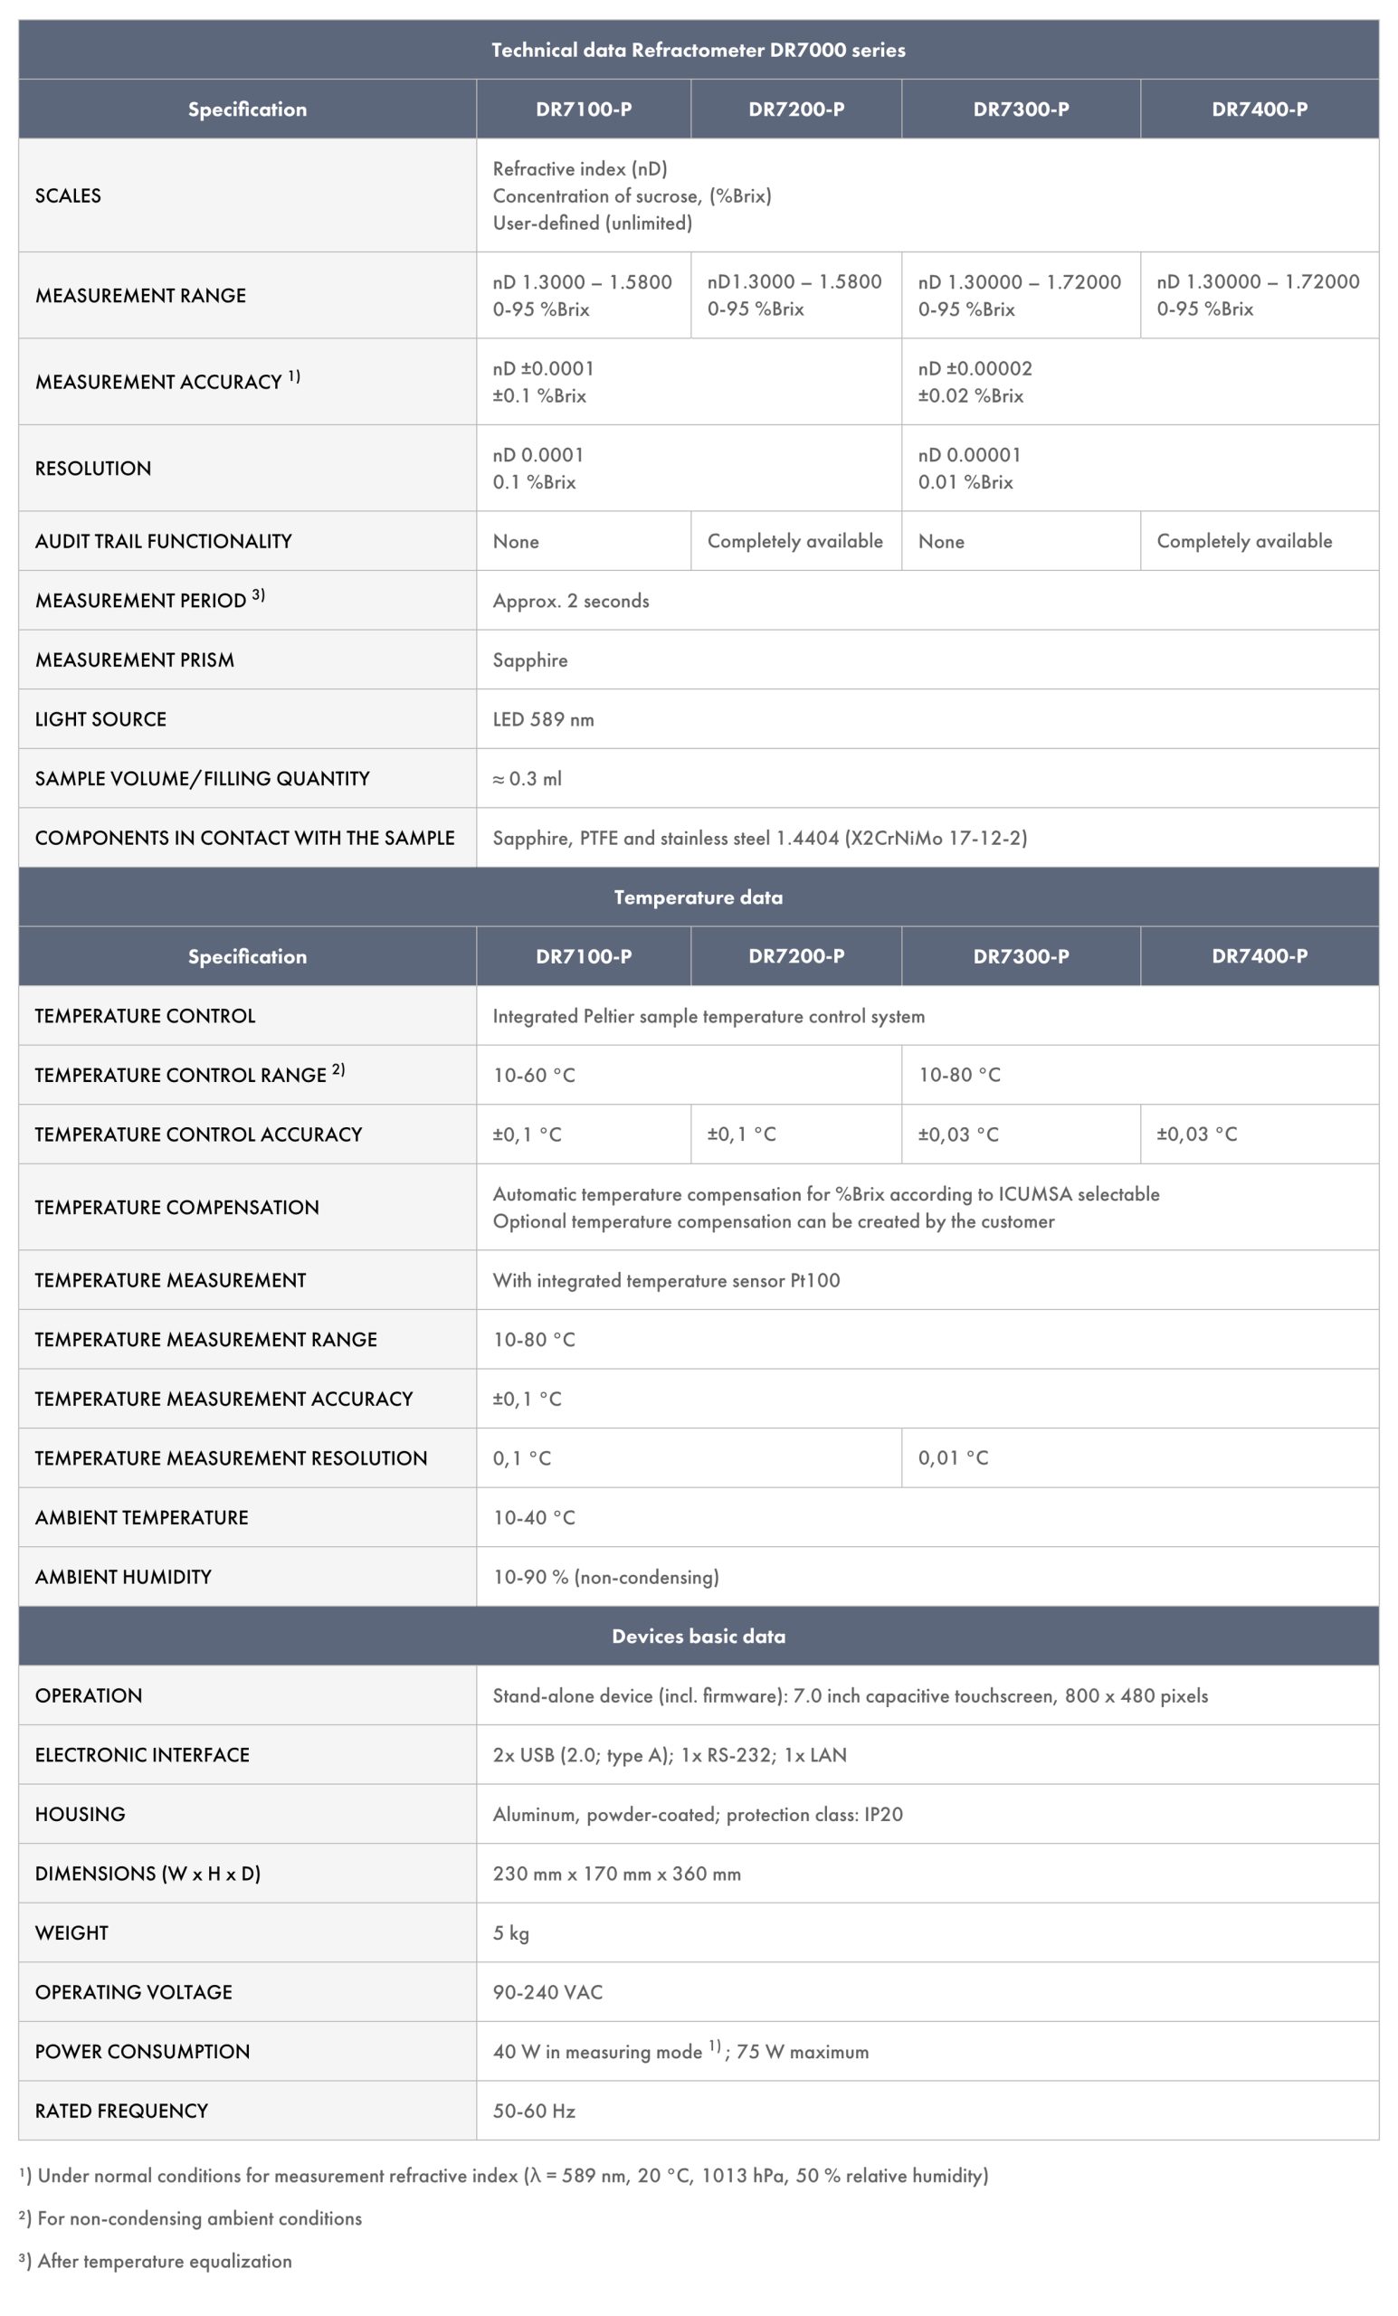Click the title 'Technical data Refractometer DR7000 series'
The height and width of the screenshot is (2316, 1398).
698,50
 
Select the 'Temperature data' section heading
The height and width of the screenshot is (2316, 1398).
698,897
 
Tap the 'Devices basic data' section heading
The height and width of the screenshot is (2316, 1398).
698,1636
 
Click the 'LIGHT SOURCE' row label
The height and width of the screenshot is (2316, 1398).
100,719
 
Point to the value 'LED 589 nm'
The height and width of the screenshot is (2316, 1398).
544,719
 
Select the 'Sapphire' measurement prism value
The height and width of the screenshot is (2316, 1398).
530,660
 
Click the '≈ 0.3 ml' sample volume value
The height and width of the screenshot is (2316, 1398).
528,778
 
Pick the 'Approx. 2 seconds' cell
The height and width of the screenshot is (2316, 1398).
571,601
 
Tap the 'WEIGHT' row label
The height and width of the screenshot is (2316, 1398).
71,1932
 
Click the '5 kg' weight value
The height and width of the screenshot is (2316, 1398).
510,1932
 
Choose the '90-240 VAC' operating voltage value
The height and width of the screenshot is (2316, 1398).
547,1992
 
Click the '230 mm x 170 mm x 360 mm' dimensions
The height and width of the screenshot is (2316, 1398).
617,1874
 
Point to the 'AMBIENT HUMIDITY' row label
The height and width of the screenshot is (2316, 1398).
123,1576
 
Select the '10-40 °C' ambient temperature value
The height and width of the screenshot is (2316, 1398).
534,1517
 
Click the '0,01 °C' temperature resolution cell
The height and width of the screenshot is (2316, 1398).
954,1457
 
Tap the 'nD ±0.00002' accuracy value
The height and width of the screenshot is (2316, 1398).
975,368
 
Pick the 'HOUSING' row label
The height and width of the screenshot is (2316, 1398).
80,1814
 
